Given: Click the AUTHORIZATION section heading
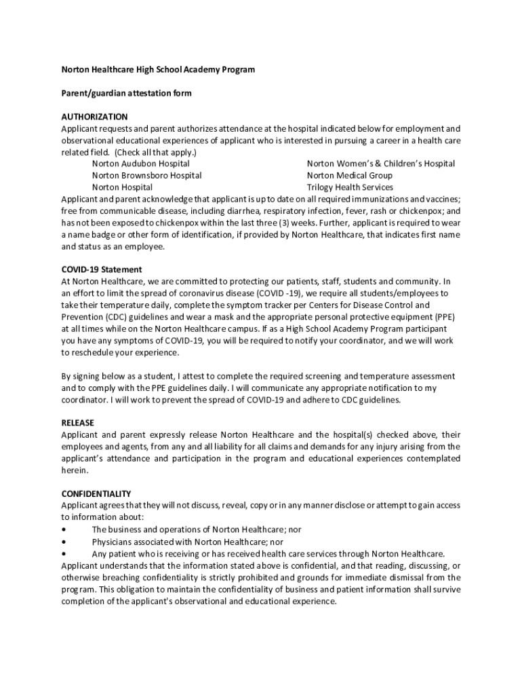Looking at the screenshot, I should [x=94, y=117].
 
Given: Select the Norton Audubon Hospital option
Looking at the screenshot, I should [x=140, y=164].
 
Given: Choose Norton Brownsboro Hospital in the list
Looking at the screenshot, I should [x=146, y=175].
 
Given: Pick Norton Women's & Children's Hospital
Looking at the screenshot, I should [x=380, y=164].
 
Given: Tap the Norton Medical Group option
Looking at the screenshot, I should [x=349, y=175].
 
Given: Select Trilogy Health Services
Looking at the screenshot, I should [x=349, y=187].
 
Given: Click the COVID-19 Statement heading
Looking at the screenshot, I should [x=102, y=269].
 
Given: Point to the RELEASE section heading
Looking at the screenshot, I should [x=77, y=423].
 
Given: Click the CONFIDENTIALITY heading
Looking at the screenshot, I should [x=96, y=493].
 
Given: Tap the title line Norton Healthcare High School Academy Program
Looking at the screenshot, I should [x=158, y=69].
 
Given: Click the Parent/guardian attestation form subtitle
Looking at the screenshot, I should [x=126, y=93].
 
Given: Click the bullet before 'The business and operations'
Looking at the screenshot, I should [x=64, y=529].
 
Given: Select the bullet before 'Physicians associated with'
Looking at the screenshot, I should [x=64, y=542].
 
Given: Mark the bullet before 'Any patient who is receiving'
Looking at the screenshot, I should [x=64, y=553].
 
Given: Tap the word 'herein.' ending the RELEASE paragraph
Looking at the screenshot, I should [x=74, y=470].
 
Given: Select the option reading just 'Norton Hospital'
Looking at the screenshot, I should [x=122, y=187].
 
